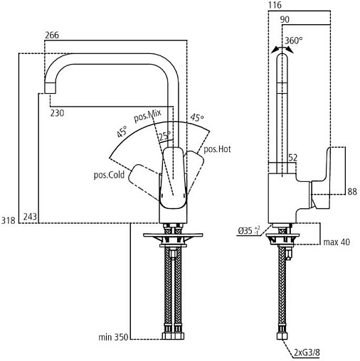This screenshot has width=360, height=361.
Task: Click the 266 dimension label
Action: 52,35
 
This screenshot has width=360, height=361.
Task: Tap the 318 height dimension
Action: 9,220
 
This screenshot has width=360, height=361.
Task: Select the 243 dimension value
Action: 30,217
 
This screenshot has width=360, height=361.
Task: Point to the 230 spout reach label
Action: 57,113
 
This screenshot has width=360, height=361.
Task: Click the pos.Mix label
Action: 147,116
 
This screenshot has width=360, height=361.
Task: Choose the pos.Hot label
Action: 217,149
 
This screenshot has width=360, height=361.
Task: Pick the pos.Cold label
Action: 109,175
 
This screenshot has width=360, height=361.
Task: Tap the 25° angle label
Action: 165,136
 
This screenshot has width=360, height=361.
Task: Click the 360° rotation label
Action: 294,41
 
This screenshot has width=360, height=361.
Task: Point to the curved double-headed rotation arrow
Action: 282,48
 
